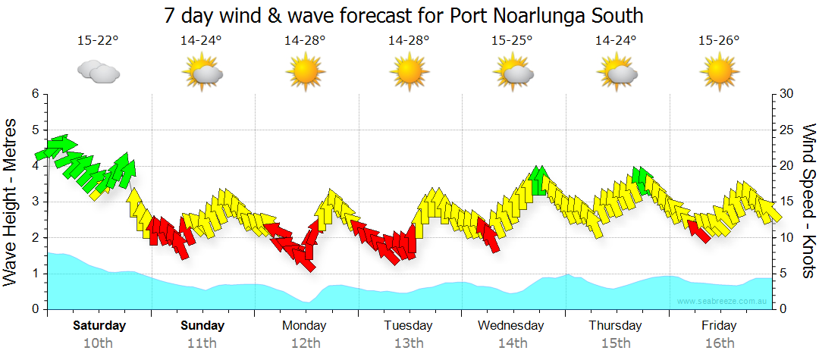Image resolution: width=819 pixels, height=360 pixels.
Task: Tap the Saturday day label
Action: [x=99, y=326]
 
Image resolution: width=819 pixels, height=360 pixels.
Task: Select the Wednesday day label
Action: [x=511, y=326]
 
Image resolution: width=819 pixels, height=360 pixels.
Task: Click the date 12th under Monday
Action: [x=305, y=343]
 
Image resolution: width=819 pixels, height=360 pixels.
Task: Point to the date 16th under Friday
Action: [x=719, y=343]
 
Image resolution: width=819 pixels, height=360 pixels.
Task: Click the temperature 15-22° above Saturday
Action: [x=98, y=41]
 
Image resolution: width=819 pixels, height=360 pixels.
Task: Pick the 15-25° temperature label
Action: [x=512, y=41]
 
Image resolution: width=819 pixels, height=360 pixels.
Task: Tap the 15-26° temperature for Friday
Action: [x=719, y=41]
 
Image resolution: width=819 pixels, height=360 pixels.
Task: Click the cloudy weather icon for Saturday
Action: [x=99, y=72]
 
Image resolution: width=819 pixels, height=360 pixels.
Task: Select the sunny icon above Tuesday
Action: [x=409, y=72]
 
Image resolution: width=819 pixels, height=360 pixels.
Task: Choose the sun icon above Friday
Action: [x=719, y=72]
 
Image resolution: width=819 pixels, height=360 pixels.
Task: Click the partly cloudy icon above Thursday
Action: [x=616, y=72]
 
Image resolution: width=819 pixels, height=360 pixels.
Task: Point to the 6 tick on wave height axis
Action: [x=34, y=94]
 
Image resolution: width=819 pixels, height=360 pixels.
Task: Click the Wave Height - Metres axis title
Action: [x=12, y=202]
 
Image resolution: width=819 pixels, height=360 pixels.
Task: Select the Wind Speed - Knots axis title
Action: [x=808, y=202]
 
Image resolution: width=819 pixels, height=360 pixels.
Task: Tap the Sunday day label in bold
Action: [x=202, y=326]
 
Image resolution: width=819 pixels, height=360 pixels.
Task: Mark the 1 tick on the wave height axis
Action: [x=34, y=274]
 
